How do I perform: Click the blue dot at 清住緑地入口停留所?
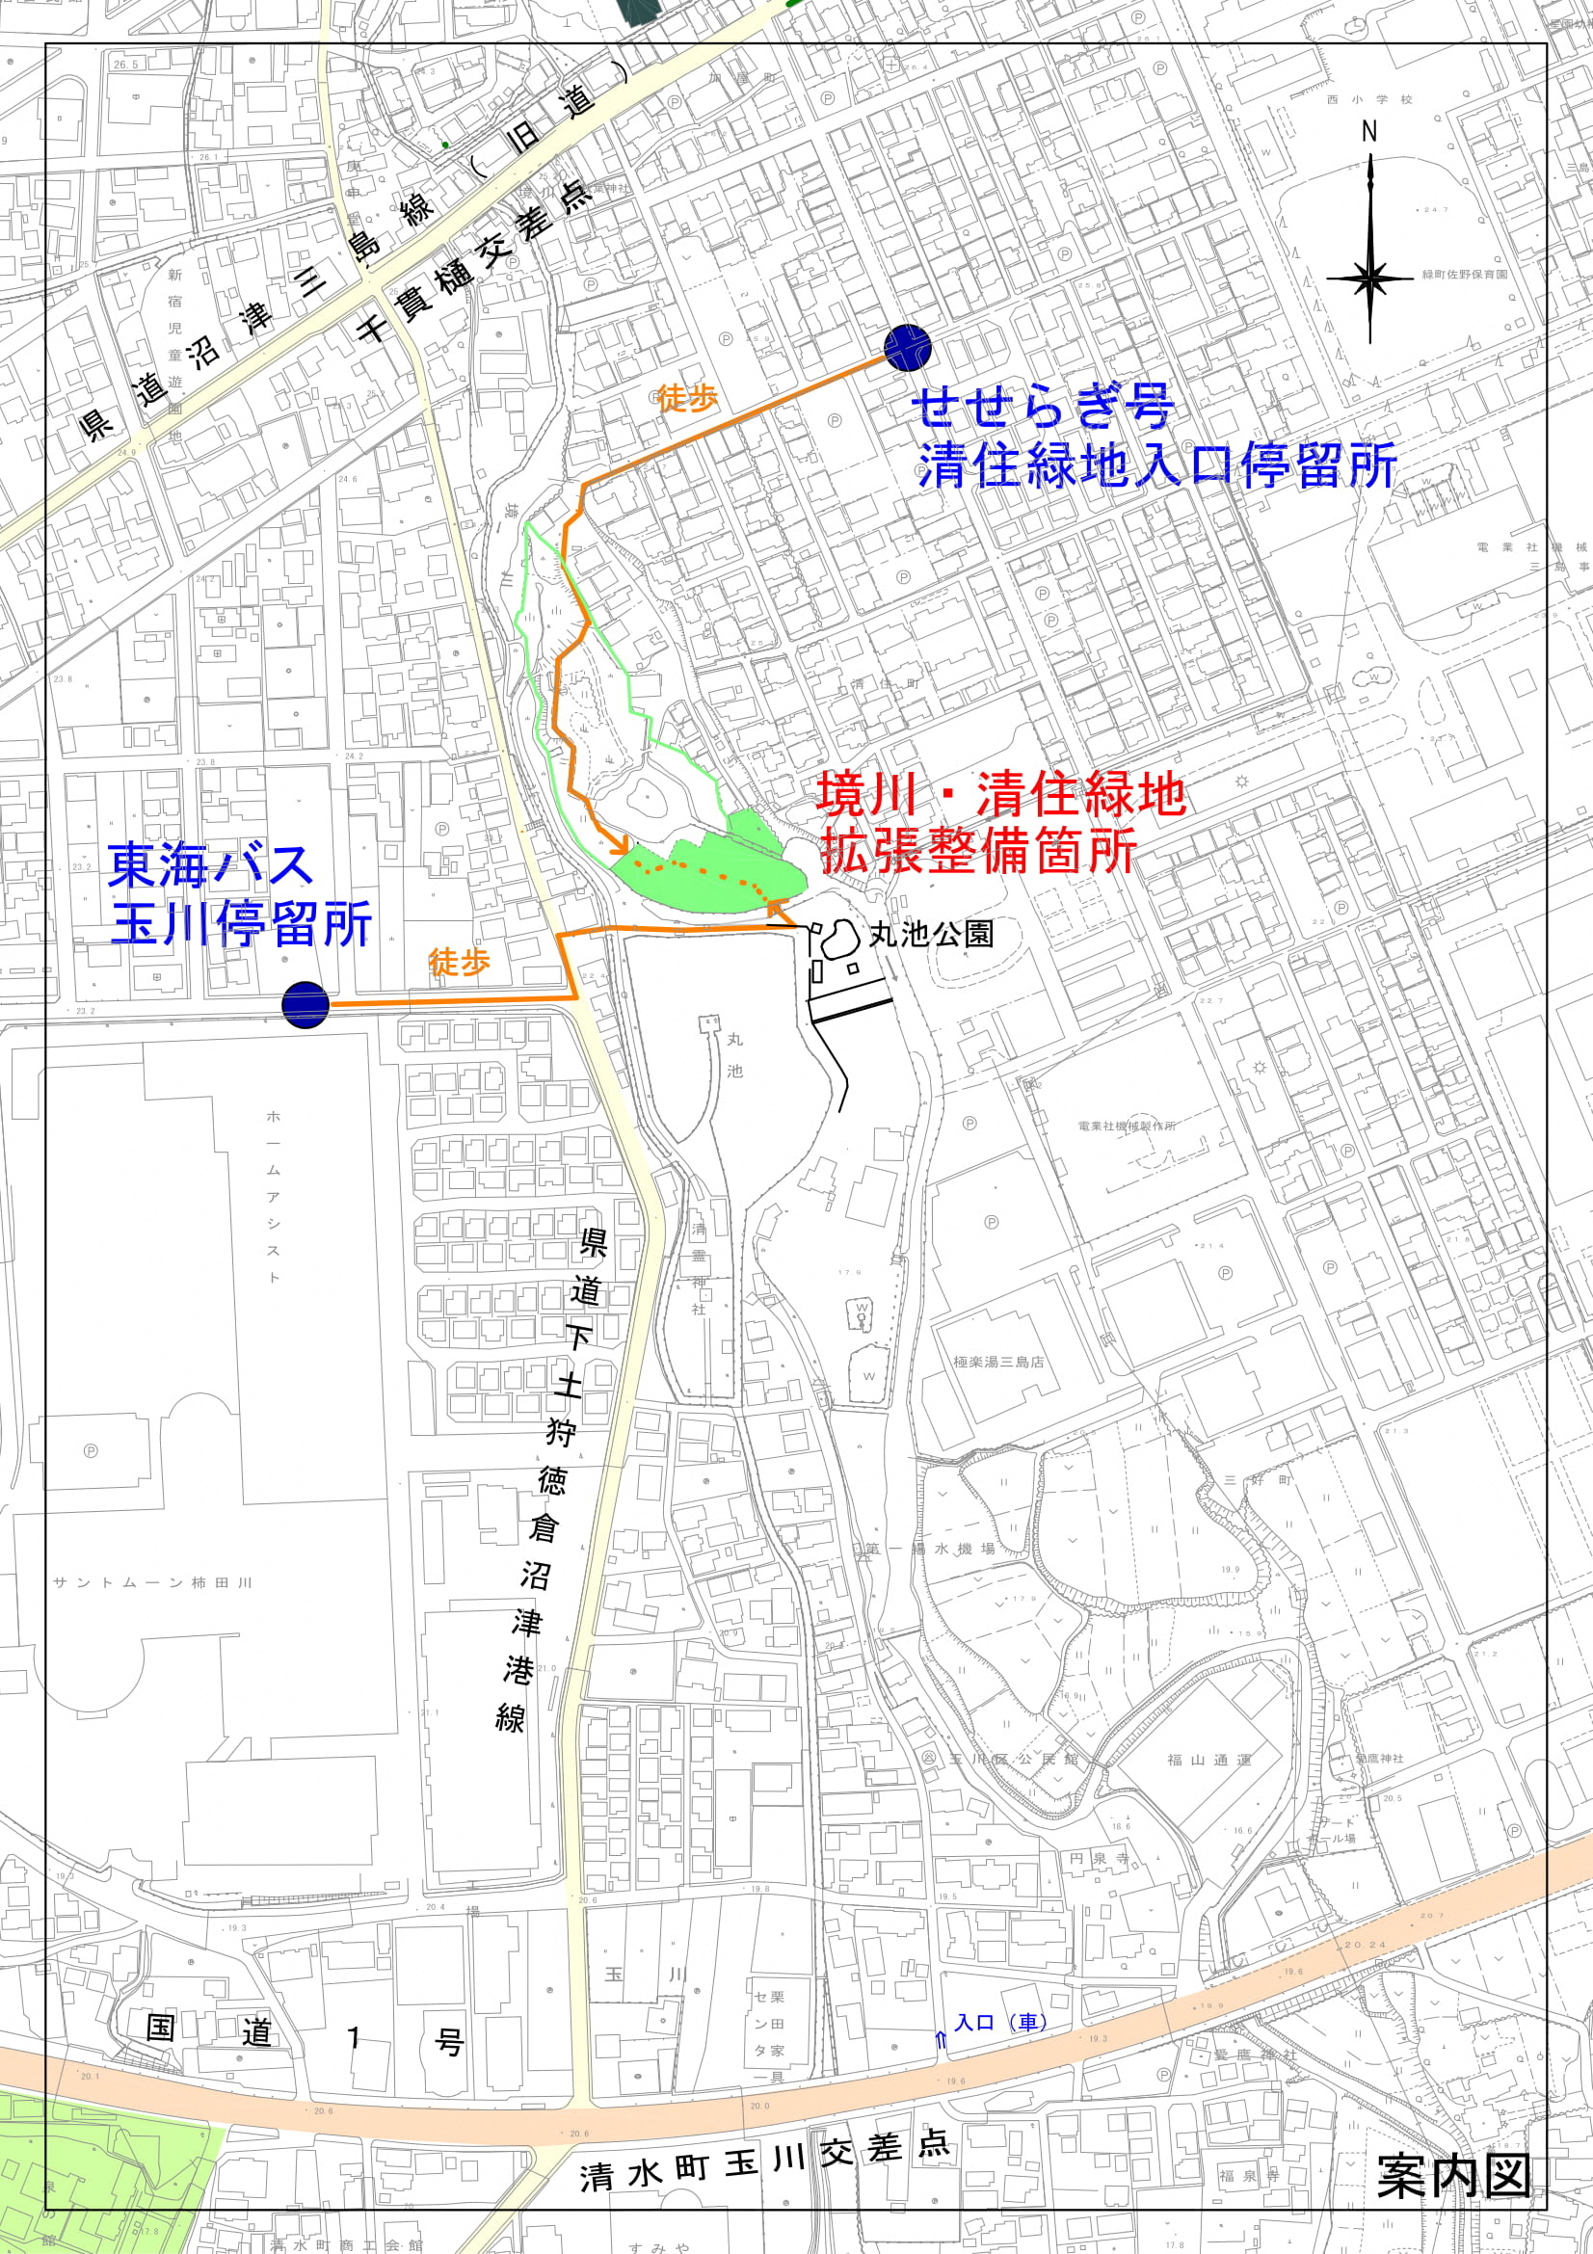coord(907,348)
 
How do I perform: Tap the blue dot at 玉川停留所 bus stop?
coord(305,1004)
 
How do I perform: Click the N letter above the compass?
coord(1369,132)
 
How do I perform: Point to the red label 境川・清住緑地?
coord(1001,794)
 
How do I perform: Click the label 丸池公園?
coord(932,934)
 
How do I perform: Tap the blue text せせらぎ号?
coord(1044,406)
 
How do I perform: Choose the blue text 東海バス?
coord(210,864)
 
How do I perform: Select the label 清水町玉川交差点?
coord(764,2161)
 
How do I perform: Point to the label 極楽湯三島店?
coord(998,1362)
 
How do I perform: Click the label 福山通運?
coord(1209,1760)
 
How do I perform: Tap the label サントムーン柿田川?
coord(153,1582)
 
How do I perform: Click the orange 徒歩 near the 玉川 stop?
coord(459,963)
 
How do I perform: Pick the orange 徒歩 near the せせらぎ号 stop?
coord(687,398)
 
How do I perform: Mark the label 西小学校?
coord(1369,100)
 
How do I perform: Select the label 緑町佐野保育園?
coord(1465,275)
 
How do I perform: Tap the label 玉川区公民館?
coord(1011,1759)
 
